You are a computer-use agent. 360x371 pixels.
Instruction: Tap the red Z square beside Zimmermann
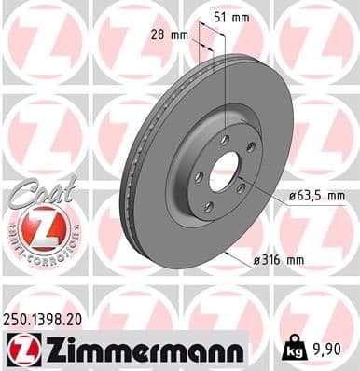pyautogui.click(x=19, y=350)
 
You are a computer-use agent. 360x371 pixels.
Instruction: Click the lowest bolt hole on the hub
pyautogui.click(x=209, y=207)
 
